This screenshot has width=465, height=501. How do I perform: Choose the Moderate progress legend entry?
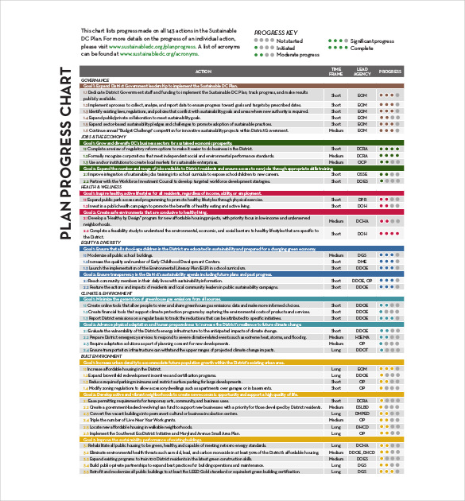(297, 55)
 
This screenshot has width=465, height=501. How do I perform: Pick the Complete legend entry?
(362, 48)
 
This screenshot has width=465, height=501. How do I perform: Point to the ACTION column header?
(203, 71)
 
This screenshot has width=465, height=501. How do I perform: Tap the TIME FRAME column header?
(336, 71)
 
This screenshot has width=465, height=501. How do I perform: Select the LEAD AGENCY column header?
(362, 71)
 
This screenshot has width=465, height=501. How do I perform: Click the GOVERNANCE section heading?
(95, 80)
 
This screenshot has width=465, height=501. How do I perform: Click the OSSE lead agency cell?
(362, 174)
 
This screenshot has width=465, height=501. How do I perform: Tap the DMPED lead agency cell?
(362, 414)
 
